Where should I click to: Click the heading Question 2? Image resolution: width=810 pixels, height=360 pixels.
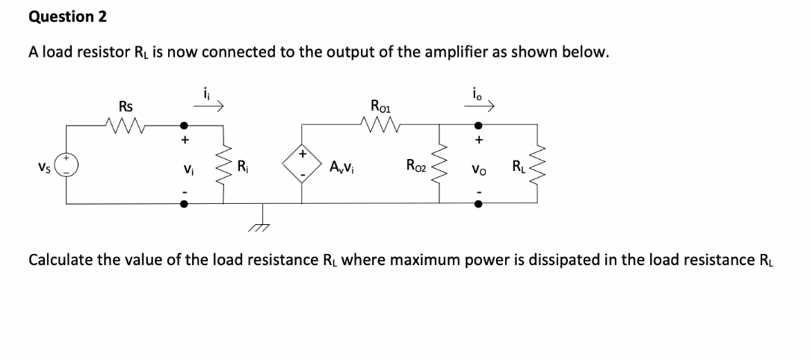[67, 16]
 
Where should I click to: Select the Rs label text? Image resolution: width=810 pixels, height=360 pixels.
[126, 107]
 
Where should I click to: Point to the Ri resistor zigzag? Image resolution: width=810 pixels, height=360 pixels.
[223, 165]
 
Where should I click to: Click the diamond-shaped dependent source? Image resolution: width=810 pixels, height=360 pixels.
[303, 164]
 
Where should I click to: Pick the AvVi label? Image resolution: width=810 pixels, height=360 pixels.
[341, 165]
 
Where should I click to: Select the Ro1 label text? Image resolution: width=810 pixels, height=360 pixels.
[381, 105]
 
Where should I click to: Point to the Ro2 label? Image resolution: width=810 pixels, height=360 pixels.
[416, 165]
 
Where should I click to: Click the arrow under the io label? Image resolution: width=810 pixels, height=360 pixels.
[479, 107]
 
